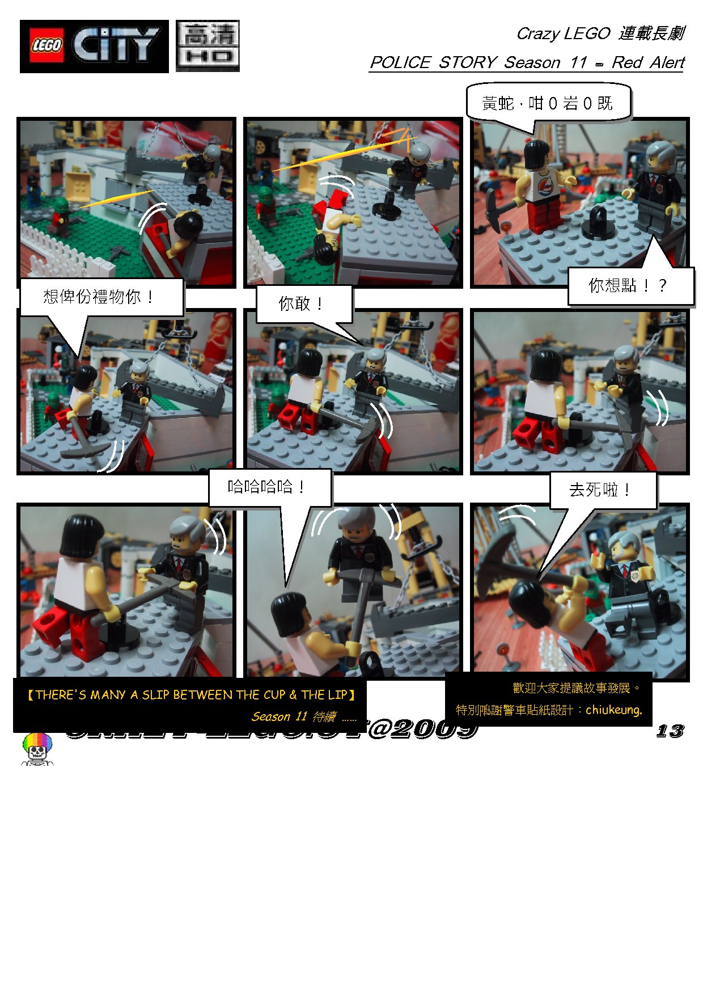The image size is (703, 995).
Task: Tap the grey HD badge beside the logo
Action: point(207,46)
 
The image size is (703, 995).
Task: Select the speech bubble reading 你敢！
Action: point(301,303)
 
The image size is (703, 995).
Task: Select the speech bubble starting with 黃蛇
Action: point(547,103)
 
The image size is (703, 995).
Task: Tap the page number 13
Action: point(670,731)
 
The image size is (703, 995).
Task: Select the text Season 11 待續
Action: point(294,716)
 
